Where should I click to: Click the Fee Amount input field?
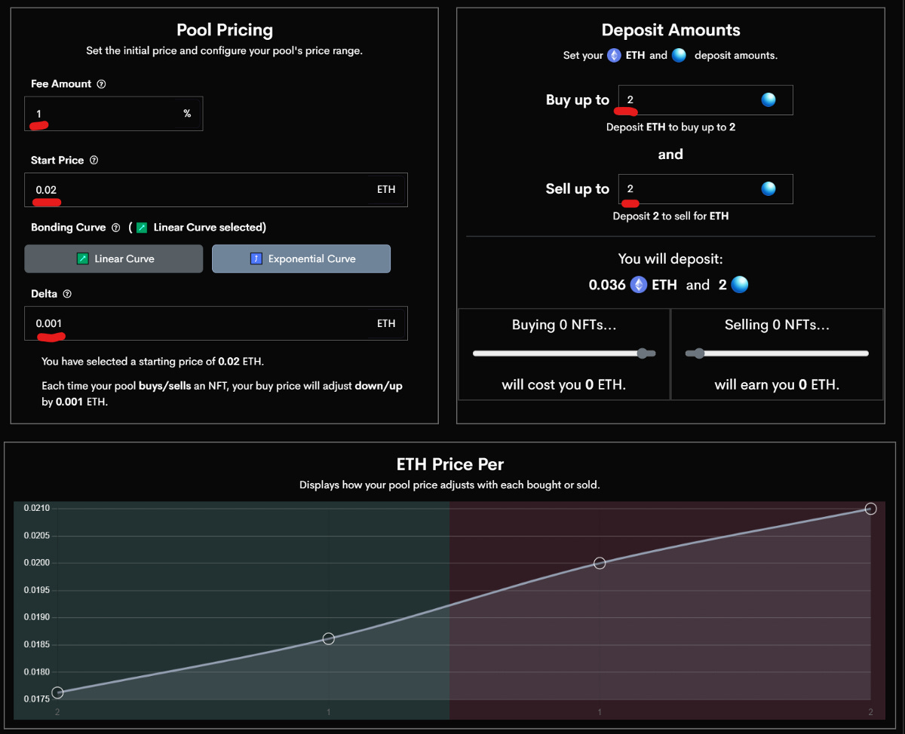(x=106, y=114)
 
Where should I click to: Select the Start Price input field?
(x=204, y=190)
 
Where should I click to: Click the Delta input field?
(x=204, y=323)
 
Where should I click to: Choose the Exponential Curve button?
(x=301, y=258)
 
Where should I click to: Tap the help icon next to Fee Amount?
(x=102, y=84)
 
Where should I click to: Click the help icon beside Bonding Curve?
(x=115, y=228)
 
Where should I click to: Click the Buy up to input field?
(x=690, y=100)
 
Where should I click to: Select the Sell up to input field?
(x=690, y=189)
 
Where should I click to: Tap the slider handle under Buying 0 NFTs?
(x=643, y=353)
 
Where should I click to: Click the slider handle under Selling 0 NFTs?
(x=699, y=353)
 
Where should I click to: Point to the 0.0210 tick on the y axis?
(x=35, y=509)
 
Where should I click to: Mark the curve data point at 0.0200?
(x=600, y=563)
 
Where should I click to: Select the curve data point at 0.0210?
(x=870, y=509)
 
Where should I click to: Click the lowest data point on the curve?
(x=57, y=693)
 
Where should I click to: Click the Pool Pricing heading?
(x=224, y=30)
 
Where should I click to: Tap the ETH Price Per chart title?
(x=449, y=464)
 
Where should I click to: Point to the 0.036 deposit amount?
(x=607, y=285)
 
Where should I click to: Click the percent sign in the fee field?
(x=187, y=114)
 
